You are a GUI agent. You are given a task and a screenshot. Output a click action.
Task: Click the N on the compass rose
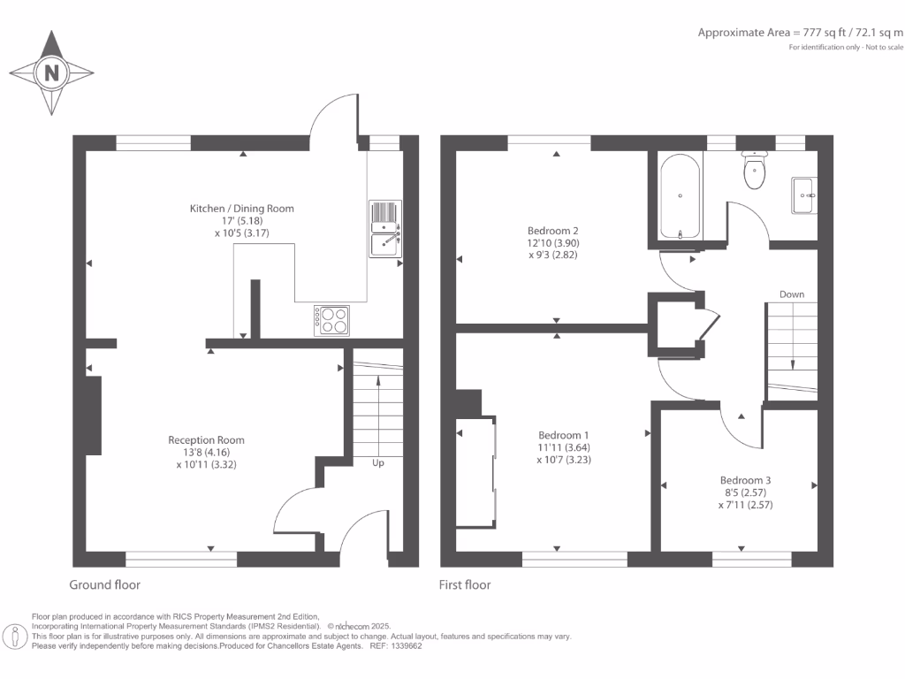click(51, 73)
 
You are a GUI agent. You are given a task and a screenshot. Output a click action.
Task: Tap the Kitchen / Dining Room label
click(241, 209)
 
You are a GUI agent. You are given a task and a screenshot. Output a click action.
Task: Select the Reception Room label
click(206, 439)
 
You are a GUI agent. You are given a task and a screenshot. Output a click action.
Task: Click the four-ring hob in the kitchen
click(331, 319)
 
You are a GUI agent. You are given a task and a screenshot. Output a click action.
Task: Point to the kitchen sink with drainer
click(384, 229)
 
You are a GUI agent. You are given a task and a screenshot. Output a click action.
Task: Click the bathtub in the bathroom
click(680, 197)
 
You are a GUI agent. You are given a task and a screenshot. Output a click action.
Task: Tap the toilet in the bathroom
click(755, 172)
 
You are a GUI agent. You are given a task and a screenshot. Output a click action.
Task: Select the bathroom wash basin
click(803, 194)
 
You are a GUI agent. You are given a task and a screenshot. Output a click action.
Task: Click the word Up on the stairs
click(377, 462)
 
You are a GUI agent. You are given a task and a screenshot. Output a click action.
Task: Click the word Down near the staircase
click(792, 294)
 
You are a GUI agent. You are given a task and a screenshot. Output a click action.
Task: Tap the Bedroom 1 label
click(563, 435)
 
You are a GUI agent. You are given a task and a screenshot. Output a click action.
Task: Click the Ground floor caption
click(104, 584)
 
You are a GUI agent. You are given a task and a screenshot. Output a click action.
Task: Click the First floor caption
click(465, 584)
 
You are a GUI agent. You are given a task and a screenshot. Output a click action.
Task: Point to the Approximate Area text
click(800, 33)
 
